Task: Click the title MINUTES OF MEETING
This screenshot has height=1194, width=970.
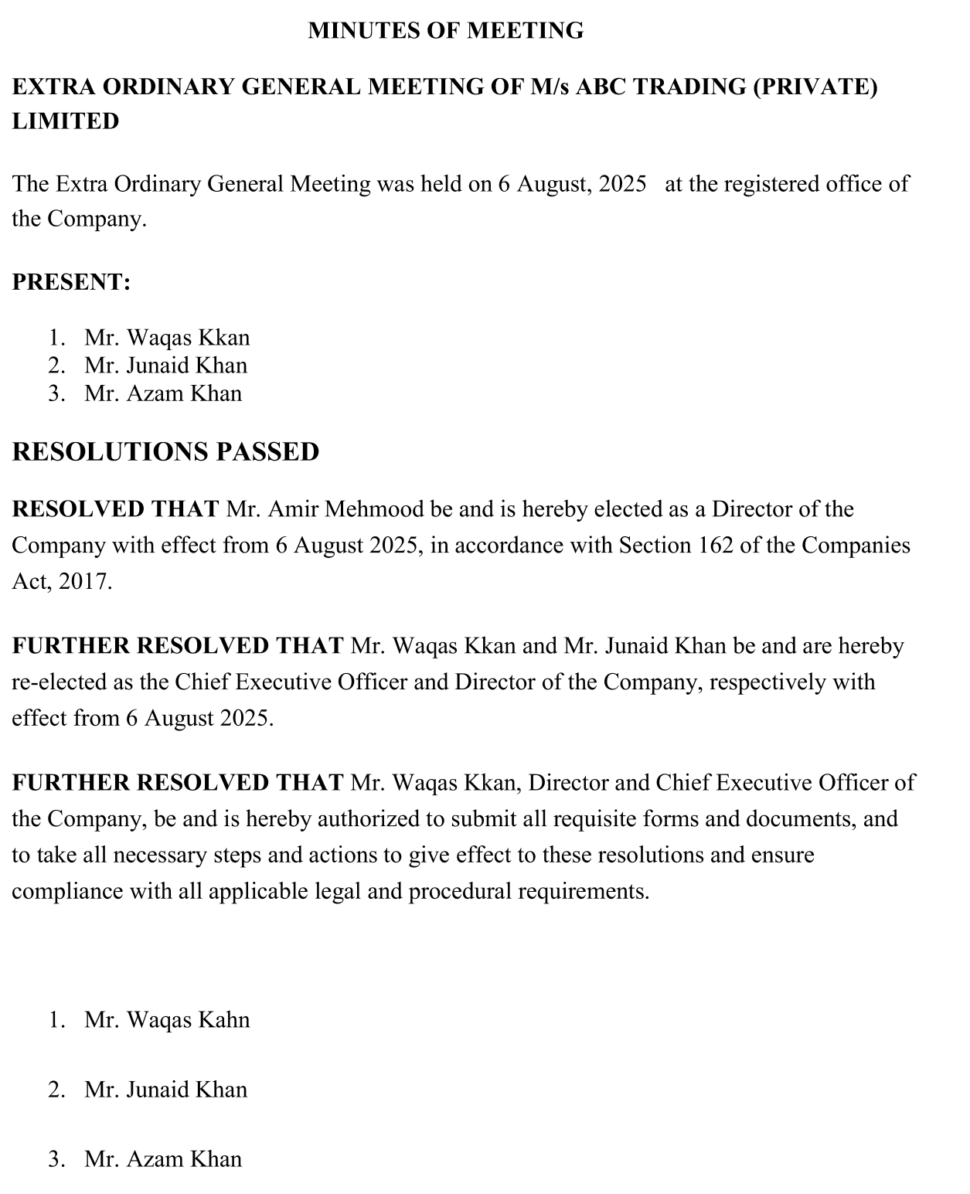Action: coord(445,31)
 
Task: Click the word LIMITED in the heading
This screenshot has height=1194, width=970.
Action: coord(66,121)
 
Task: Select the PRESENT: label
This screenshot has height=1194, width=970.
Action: coord(71,282)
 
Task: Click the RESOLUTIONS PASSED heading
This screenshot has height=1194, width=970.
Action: coord(165,452)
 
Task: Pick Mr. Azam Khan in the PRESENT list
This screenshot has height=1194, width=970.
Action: coord(163,393)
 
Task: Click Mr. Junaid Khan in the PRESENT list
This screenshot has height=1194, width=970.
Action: coord(165,366)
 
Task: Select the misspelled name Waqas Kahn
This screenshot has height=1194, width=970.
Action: coord(188,1020)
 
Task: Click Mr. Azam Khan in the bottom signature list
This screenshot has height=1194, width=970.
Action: coord(163,1159)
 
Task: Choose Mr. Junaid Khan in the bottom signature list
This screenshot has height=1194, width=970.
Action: coord(165,1090)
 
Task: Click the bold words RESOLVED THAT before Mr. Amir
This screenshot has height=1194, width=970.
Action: coord(116,509)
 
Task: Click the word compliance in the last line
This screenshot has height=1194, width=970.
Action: coord(67,892)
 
